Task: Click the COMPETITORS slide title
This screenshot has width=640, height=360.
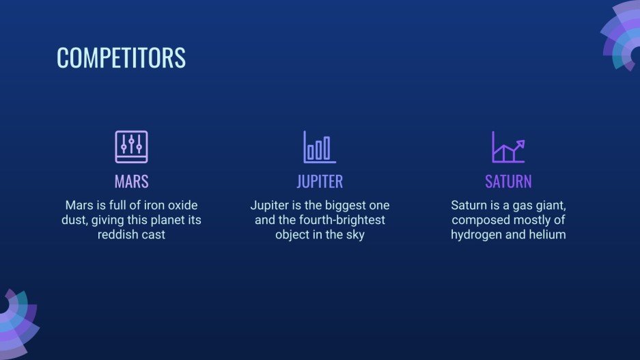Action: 121,57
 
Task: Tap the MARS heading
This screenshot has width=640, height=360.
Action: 131,182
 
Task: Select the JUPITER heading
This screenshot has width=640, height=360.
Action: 320,182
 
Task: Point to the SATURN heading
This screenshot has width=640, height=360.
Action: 508,182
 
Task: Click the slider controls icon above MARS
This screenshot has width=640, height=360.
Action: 131,147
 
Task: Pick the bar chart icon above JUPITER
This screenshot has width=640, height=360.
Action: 320,147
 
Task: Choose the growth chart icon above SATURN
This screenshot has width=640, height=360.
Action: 508,147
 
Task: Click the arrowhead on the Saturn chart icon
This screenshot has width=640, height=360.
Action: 520,143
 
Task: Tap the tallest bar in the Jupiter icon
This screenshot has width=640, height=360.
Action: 327,148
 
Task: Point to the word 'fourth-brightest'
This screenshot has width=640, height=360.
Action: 342,219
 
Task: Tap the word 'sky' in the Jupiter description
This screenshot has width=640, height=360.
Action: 355,235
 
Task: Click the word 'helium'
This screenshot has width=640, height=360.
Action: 549,234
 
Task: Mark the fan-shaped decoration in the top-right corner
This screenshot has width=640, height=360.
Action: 622,35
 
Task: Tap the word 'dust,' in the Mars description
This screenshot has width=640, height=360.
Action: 74,220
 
